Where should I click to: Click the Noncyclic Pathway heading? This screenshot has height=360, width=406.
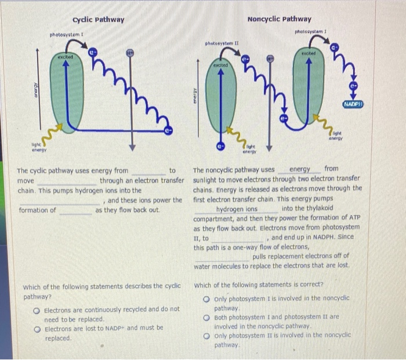click(x=279, y=19)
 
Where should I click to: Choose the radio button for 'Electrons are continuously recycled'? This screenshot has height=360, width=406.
click(x=37, y=310)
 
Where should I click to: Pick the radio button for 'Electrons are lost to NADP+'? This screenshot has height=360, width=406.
click(x=37, y=328)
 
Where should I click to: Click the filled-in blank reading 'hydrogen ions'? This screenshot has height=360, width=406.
click(x=236, y=209)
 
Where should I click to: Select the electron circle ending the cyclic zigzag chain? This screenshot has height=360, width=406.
click(x=168, y=131)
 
